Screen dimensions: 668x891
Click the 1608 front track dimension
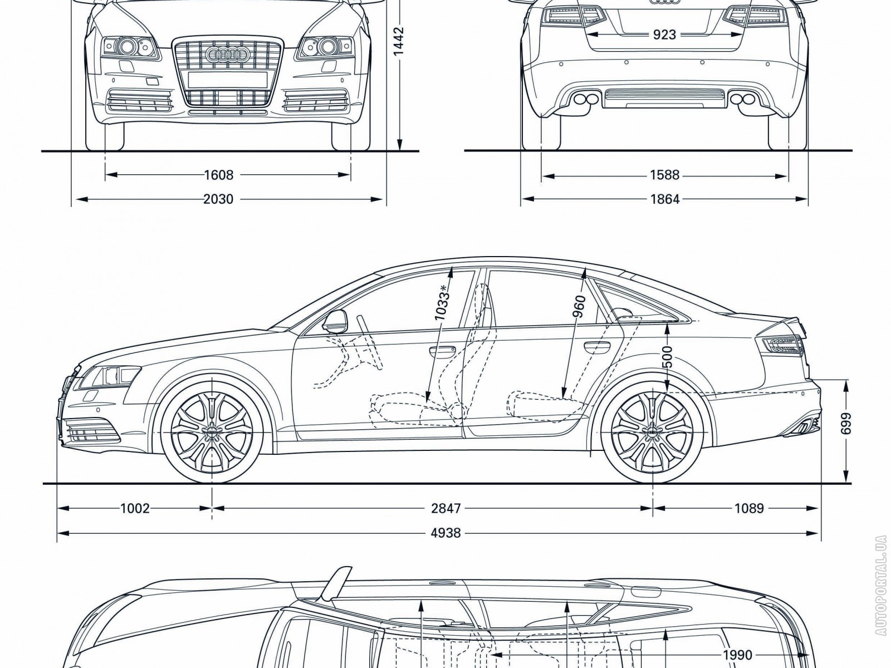click(218, 175)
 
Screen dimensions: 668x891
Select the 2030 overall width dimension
click(218, 199)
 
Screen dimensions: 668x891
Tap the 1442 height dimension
click(399, 42)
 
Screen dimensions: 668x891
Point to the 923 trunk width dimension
click(664, 35)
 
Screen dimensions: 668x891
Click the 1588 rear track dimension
click(664, 175)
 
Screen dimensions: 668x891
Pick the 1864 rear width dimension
click(664, 199)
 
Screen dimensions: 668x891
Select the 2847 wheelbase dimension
click(446, 508)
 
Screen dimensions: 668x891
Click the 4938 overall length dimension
click(446, 533)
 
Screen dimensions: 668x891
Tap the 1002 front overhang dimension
click(135, 508)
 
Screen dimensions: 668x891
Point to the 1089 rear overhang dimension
click(748, 508)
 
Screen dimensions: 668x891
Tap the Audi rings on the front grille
click(227, 54)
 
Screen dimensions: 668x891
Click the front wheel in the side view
click(212, 429)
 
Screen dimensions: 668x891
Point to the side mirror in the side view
click(334, 321)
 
